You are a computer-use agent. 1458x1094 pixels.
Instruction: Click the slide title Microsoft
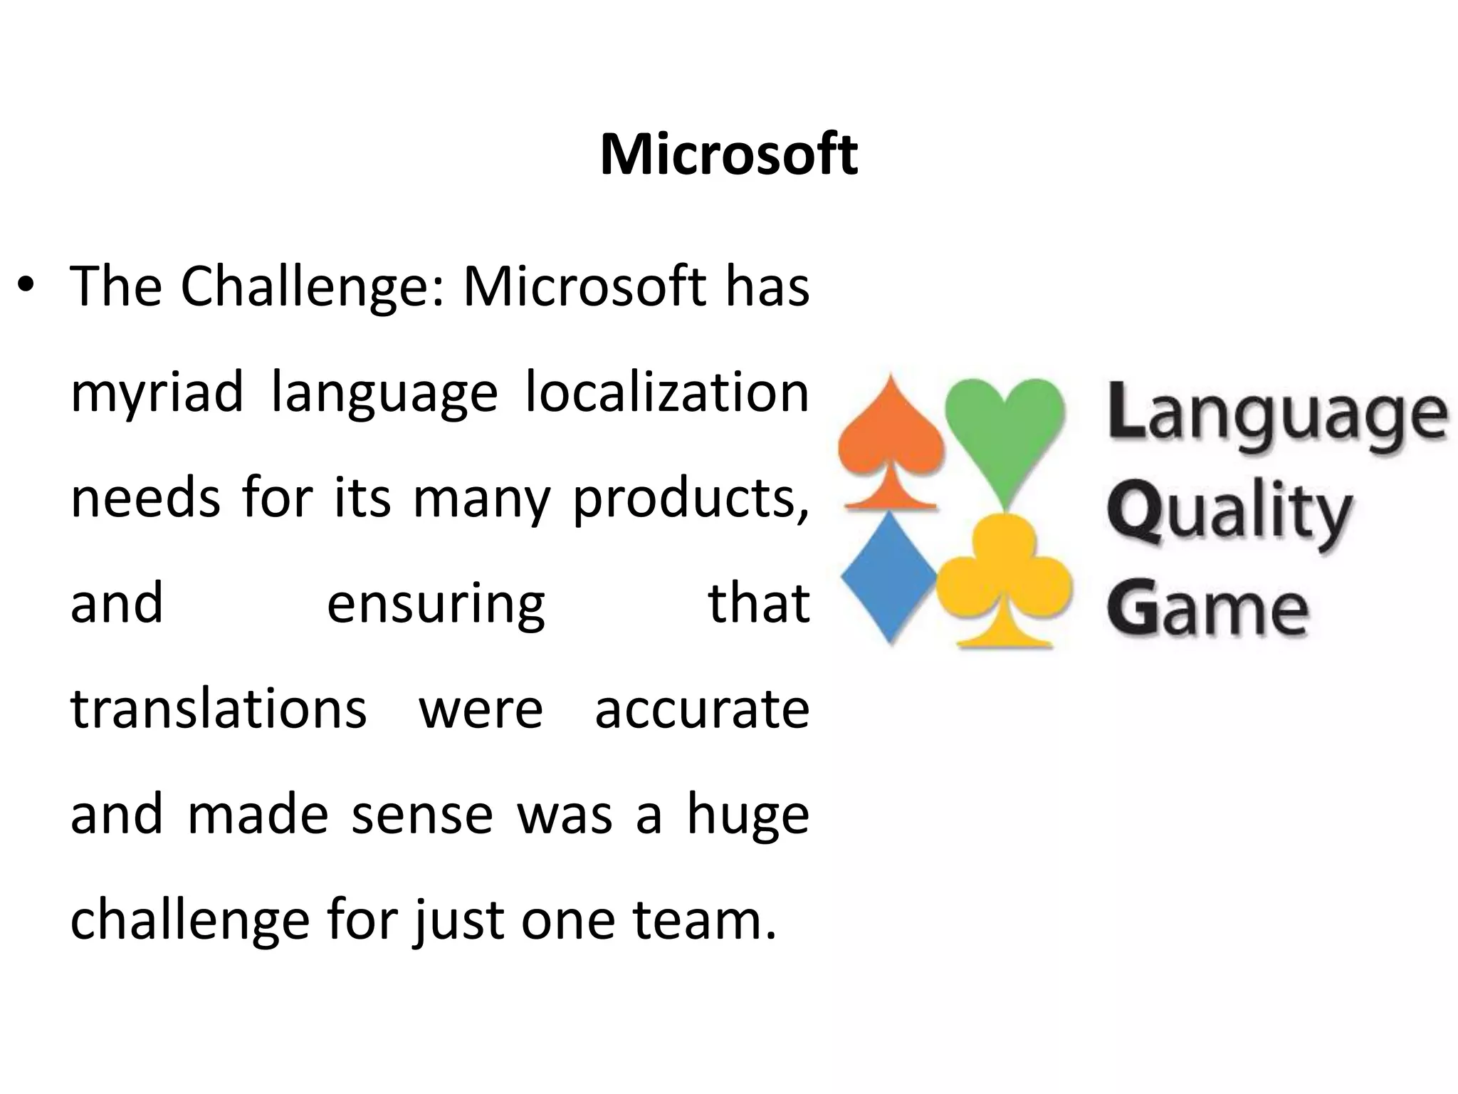(729, 155)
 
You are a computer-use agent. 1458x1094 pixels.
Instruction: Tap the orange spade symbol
(890, 445)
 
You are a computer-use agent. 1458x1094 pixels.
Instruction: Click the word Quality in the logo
(1229, 513)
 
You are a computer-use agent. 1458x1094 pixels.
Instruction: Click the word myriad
(157, 392)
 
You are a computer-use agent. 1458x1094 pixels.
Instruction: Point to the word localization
(667, 392)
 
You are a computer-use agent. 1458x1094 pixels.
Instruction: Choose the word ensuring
(436, 603)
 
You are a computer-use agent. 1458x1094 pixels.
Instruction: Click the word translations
(219, 709)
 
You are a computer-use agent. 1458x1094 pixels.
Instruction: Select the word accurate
(702, 709)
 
